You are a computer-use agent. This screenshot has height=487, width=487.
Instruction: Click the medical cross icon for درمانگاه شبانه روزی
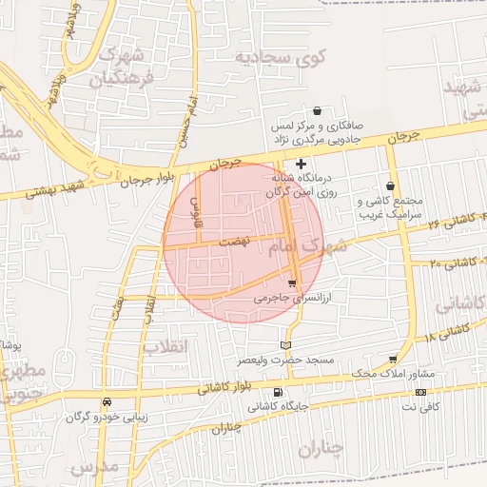(302, 164)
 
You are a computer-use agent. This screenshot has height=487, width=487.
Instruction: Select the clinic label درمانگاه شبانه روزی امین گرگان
(305, 185)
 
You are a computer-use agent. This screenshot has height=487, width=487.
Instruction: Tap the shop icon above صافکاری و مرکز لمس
(317, 111)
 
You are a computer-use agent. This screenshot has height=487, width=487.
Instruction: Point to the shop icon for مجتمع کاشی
(391, 186)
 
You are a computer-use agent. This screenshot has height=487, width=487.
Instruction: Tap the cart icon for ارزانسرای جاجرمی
(292, 283)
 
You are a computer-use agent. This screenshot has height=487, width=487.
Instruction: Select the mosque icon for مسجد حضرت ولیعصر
(287, 345)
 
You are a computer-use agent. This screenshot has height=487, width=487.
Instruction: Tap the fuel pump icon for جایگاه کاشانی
(277, 392)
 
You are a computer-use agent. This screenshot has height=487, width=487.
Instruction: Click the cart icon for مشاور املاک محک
(393, 360)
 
